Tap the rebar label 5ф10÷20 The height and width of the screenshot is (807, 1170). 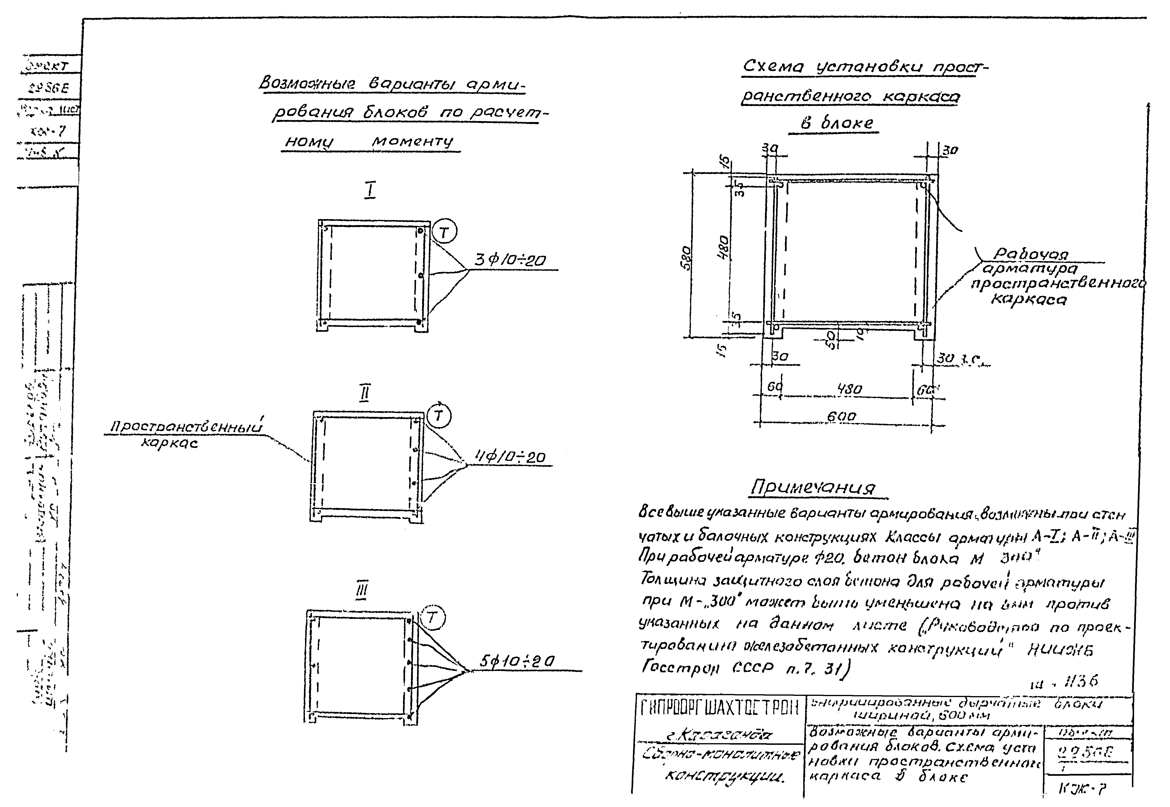click(517, 661)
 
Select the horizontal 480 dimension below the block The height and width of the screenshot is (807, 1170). click(849, 389)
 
